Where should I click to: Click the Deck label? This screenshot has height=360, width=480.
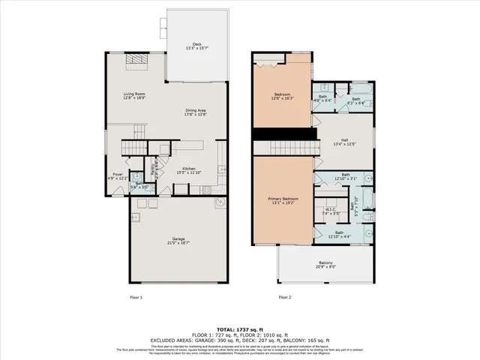(x=196, y=44)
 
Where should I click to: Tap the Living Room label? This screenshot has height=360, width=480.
(x=135, y=93)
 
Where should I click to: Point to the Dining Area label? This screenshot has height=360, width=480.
(x=196, y=110)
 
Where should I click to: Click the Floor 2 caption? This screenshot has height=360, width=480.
(x=285, y=297)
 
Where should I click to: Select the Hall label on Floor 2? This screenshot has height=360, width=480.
(x=344, y=139)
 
